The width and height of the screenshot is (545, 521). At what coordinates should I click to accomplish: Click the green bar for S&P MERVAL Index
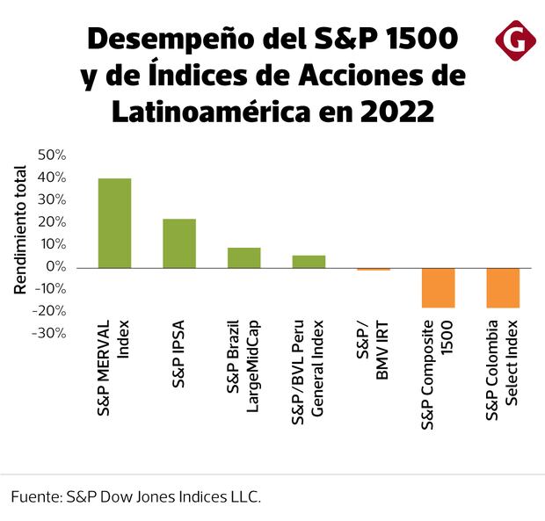tap(114, 223)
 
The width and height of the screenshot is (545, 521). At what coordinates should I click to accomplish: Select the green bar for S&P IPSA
tap(179, 243)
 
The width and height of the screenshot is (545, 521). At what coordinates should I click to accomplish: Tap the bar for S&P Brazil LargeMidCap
tap(244, 257)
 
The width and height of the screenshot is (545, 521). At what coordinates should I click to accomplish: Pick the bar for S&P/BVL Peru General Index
tap(309, 261)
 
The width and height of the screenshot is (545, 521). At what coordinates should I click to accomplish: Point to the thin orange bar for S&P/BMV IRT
tap(374, 269)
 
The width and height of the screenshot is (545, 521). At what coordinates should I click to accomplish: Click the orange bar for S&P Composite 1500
tap(438, 287)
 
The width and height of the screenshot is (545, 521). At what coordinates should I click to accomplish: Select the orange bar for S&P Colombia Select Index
tap(503, 287)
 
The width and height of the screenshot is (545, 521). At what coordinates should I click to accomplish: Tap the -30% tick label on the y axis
tap(50, 333)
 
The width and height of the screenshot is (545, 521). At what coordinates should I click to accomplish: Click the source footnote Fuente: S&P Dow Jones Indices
tap(136, 496)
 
